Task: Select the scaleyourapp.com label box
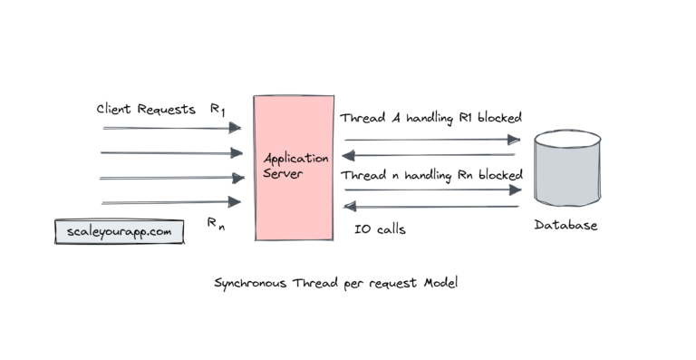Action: [x=119, y=231]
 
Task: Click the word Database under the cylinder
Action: [x=565, y=225]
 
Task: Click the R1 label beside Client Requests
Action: [x=217, y=110]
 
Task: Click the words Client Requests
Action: [x=146, y=110]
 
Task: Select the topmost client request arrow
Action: [x=171, y=128]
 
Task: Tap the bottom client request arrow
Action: [x=171, y=201]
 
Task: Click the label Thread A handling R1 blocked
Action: [x=430, y=119]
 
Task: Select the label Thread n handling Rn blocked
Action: [x=430, y=173]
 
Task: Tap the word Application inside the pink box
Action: [x=289, y=160]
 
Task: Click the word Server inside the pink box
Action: [x=283, y=173]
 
